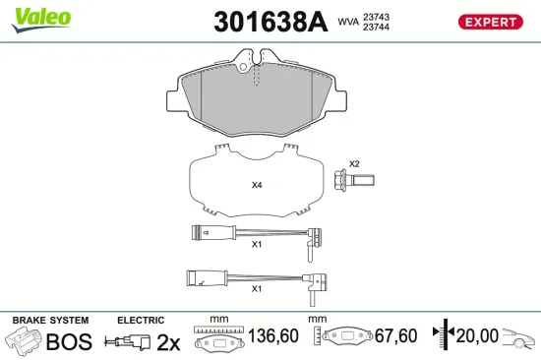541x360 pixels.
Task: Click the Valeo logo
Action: point(40,17)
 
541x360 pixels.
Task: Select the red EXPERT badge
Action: point(489,22)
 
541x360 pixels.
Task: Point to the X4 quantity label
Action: point(258,185)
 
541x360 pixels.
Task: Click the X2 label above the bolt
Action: point(355,163)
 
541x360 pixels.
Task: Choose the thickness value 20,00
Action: point(479,336)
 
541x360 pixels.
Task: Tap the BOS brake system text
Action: point(71,341)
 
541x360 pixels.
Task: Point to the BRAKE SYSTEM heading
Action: point(49,321)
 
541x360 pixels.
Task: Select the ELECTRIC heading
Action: point(141,321)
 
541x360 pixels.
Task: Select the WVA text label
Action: point(348,22)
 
